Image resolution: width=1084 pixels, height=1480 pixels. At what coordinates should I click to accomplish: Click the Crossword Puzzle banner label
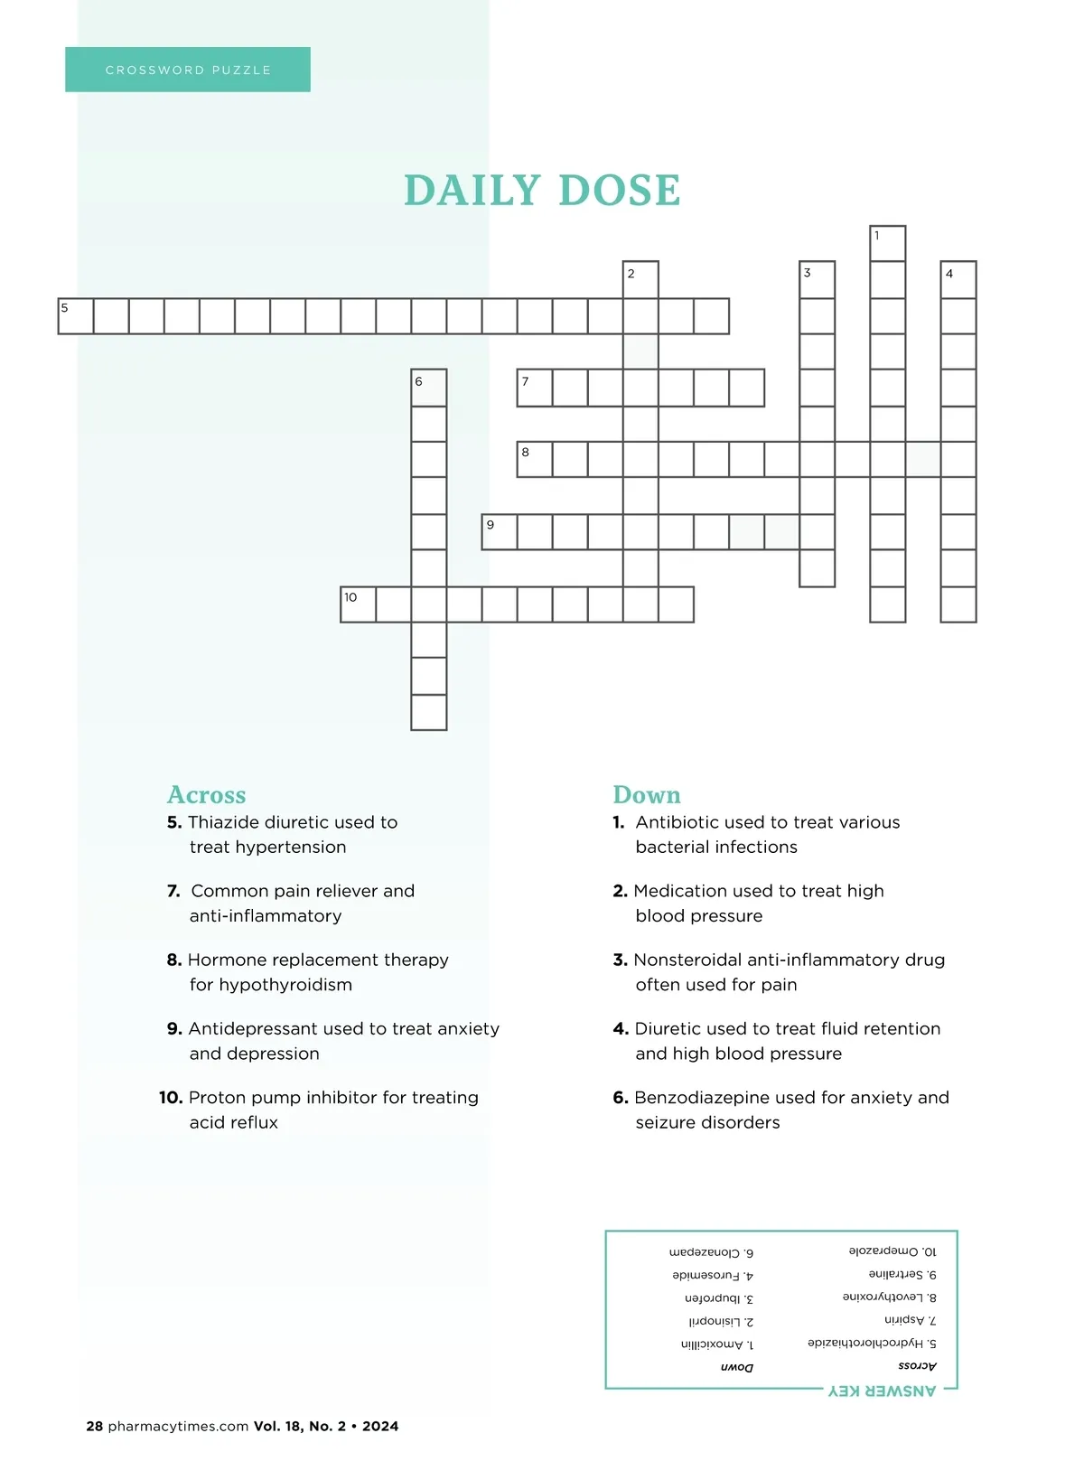[188, 70]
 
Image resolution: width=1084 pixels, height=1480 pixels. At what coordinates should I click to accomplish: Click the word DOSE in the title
[619, 191]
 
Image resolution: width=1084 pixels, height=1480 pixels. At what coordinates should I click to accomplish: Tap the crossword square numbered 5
[76, 316]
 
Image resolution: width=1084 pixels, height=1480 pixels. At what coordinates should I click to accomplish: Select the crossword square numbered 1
[887, 244]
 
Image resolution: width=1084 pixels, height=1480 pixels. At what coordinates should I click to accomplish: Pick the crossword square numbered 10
[358, 604]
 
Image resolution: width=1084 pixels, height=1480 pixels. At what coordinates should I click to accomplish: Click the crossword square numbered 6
[428, 388]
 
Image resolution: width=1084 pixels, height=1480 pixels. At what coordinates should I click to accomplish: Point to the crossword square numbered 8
[535, 459]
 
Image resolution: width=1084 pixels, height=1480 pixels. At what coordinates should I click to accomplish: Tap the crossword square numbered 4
[958, 280]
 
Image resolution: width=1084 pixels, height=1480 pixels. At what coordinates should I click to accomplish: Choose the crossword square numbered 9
[499, 532]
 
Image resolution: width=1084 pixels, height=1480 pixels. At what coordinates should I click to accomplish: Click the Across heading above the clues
[206, 795]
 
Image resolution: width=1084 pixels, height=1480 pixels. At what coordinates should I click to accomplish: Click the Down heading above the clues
[647, 795]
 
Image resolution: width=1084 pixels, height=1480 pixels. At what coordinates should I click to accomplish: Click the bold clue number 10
[171, 1098]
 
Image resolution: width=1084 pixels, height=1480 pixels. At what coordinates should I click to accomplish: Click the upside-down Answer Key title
[883, 1391]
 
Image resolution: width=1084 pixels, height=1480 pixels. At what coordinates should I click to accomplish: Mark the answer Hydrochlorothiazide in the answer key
[864, 1344]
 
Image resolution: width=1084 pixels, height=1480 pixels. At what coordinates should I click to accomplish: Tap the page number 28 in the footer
[95, 1427]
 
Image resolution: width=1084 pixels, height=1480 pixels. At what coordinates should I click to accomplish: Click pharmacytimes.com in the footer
[178, 1427]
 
